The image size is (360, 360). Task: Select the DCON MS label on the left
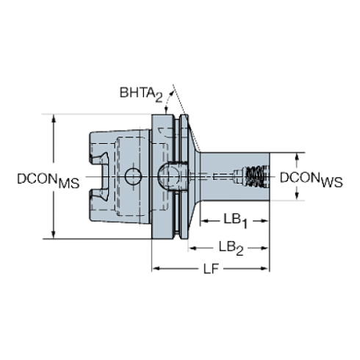pyautogui.click(x=47, y=179)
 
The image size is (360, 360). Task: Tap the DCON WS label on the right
pyautogui.click(x=311, y=179)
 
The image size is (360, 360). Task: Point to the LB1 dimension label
pyautogui.click(x=235, y=220)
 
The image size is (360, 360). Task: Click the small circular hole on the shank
pyautogui.click(x=133, y=176)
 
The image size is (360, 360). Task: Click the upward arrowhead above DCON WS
pyautogui.click(x=297, y=157)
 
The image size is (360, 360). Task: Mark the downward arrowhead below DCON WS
pyautogui.click(x=297, y=196)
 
